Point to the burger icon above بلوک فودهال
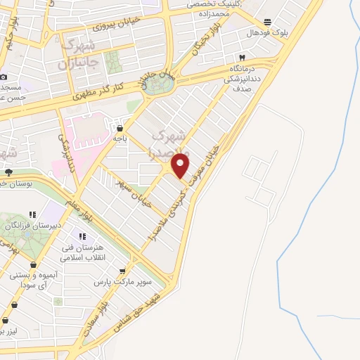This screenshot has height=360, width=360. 266,22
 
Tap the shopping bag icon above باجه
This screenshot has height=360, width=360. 120,129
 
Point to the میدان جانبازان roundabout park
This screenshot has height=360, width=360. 157,84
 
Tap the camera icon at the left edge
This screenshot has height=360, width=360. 4,76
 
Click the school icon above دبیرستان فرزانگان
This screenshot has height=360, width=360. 32,214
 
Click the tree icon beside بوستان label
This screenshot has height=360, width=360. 8,172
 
